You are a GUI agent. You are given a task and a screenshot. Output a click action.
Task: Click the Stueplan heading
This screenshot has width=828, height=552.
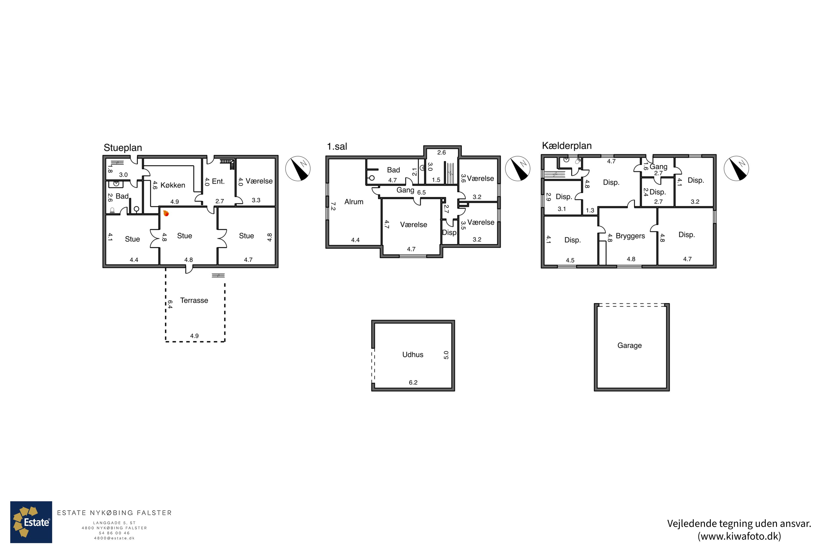click(x=123, y=148)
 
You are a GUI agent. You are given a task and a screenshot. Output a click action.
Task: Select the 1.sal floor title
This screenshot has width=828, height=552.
click(x=337, y=147)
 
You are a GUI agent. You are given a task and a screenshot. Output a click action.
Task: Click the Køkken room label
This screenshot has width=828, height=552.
click(x=173, y=185)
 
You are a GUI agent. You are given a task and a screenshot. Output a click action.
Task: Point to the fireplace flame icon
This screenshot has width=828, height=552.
click(x=166, y=213)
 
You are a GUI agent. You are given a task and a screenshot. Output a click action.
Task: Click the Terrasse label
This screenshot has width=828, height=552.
click(x=194, y=300)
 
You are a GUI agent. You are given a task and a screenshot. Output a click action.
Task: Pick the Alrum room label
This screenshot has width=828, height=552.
click(x=354, y=202)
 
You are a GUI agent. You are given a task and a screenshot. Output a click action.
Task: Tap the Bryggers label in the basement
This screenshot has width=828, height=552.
click(x=630, y=236)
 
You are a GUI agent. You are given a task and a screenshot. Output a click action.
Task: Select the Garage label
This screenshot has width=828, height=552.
click(x=630, y=345)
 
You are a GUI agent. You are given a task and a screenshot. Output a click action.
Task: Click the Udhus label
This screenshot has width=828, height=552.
click(x=413, y=354)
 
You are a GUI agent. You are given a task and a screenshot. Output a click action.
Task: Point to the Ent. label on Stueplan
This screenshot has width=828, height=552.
click(x=218, y=181)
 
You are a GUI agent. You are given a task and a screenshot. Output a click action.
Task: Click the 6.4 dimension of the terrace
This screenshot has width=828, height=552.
click(x=170, y=304)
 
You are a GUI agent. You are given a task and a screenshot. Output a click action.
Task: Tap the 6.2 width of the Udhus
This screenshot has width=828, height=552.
click(x=413, y=382)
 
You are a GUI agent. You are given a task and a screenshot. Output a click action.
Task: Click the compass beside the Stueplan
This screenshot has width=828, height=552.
click(x=298, y=169)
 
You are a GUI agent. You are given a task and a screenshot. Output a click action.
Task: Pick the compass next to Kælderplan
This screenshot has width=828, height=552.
click(x=736, y=169)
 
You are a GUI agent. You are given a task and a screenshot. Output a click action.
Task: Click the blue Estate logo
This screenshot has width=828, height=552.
click(x=31, y=522)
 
